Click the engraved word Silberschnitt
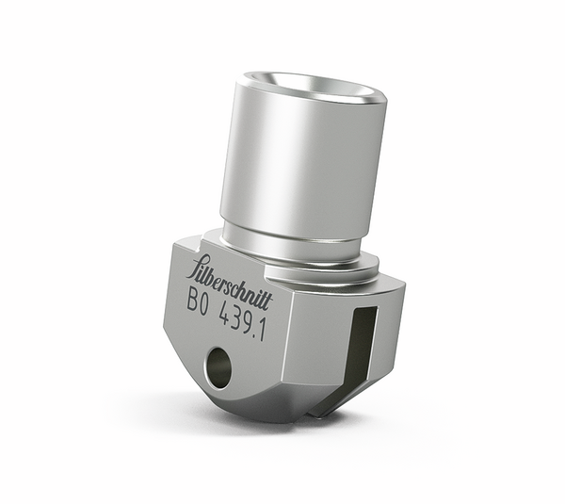click(x=231, y=281)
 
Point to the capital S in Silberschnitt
click(x=197, y=266)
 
